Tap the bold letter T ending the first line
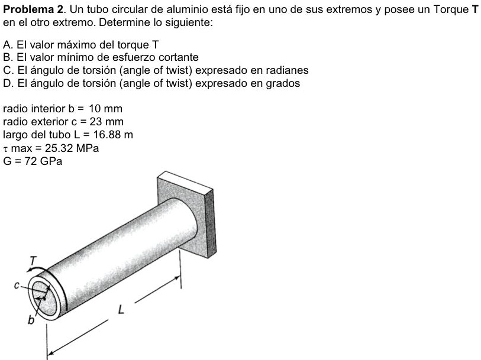pyautogui.click(x=474, y=9)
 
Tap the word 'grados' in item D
pyautogui.click(x=285, y=83)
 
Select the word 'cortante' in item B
pyautogui.click(x=179, y=57)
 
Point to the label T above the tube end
pyautogui.click(x=33, y=260)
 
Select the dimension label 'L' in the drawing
pyautogui.click(x=121, y=308)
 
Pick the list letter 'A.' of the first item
pyautogui.click(x=7, y=45)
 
